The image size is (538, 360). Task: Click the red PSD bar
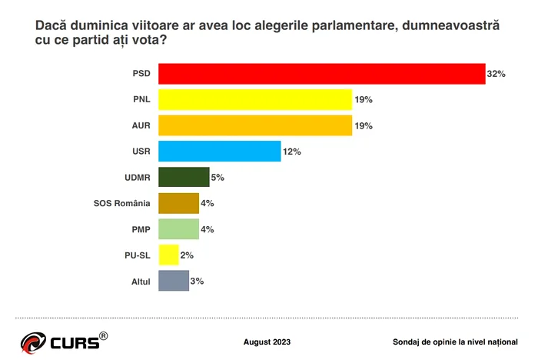321,74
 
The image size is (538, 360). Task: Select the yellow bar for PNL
255,100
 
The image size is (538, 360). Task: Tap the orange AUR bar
255,125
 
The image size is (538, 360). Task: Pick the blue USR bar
219,152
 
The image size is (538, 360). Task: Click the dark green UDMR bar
184,178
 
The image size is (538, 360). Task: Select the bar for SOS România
178,203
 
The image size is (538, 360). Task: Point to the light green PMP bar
178,229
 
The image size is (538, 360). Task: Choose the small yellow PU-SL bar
168,255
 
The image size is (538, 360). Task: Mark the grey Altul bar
173,281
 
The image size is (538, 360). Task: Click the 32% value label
496,75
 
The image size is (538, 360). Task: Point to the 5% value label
218,178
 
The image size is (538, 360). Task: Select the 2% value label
187,255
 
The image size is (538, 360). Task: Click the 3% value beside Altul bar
197,282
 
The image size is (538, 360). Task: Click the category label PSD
141,75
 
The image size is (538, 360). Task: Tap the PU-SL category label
136,255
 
